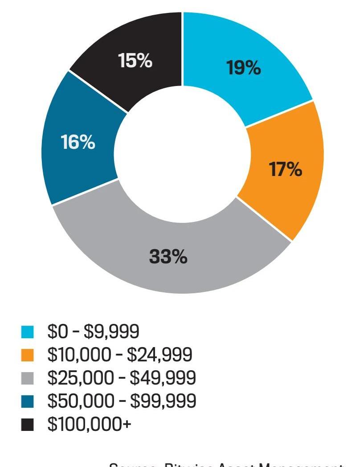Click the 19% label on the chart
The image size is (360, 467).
(243, 68)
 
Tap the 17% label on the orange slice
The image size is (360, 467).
(285, 169)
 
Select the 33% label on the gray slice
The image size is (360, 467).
(168, 257)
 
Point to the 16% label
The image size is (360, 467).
(78, 143)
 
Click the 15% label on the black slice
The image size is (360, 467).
(135, 61)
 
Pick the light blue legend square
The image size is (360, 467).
(27, 332)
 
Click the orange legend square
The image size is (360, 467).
(27, 355)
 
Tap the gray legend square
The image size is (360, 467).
(27, 378)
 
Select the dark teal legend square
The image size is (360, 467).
(27, 401)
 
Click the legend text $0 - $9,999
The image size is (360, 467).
(93, 332)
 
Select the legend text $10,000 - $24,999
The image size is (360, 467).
(119, 355)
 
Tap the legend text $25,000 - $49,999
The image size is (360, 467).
(121, 378)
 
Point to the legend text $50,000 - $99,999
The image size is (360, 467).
(121, 401)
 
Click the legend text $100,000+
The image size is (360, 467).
(89, 424)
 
